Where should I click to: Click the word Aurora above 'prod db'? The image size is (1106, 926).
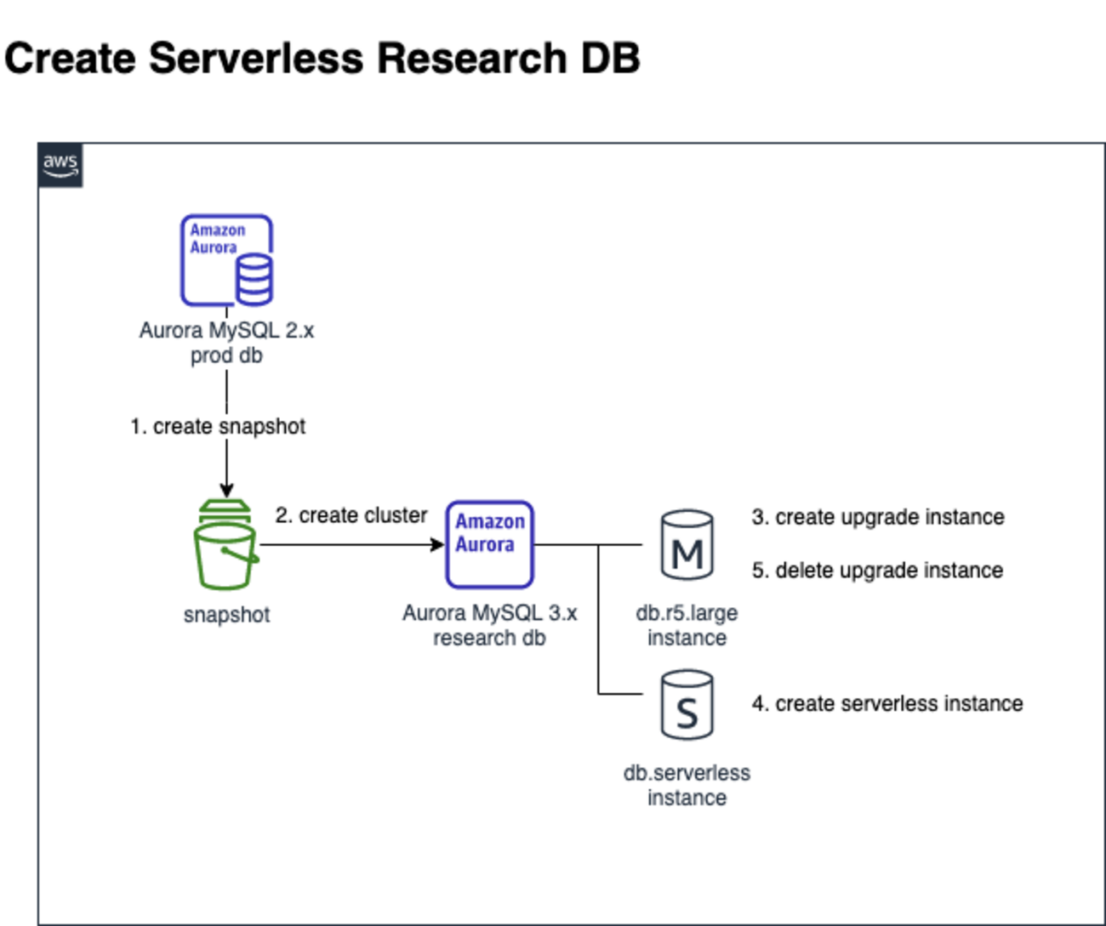pos(170,331)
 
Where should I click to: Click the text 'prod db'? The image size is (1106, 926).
pos(226,355)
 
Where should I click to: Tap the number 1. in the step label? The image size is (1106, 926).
pos(138,426)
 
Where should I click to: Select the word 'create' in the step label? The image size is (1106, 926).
pos(182,426)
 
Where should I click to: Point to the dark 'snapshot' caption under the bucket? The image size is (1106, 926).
pos(226,615)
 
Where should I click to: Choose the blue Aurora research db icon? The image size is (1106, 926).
pos(489,544)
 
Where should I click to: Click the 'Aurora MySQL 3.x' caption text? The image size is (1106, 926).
pos(489,612)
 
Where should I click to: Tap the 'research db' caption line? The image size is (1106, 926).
pos(489,638)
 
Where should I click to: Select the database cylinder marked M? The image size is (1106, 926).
pos(687,544)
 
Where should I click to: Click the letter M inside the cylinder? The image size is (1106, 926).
pos(687,555)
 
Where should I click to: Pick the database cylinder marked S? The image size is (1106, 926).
pos(687,704)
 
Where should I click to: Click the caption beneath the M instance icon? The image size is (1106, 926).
pos(687,625)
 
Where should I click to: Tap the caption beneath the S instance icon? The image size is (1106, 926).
pos(687,785)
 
